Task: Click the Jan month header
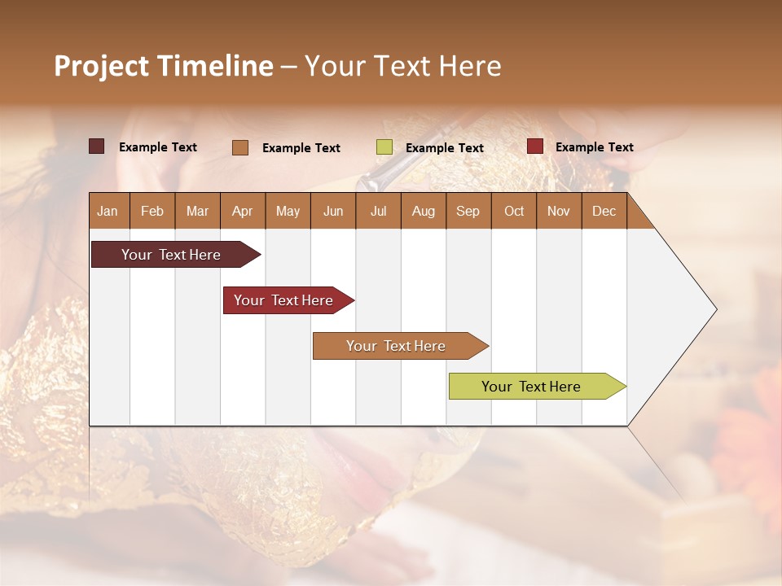point(108,212)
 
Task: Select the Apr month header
point(242,212)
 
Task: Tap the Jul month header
point(378,212)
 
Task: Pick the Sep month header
point(468,212)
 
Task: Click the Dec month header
point(604,212)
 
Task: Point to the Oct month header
point(513,212)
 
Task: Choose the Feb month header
point(152,212)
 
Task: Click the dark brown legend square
point(96,146)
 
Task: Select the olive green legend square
point(384,147)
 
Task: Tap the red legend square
point(534,146)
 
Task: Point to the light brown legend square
point(239,147)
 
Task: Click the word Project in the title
point(100,66)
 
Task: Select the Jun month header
point(333,212)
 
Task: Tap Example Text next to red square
point(594,147)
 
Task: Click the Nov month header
point(558,212)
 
